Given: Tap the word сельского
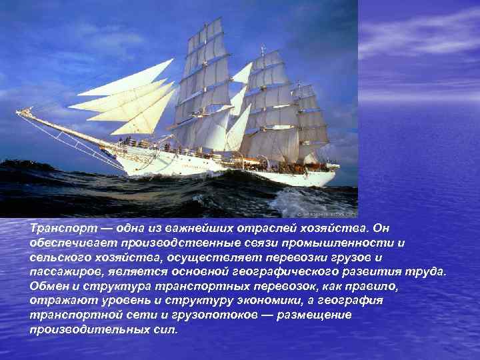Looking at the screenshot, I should (x=59, y=257).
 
